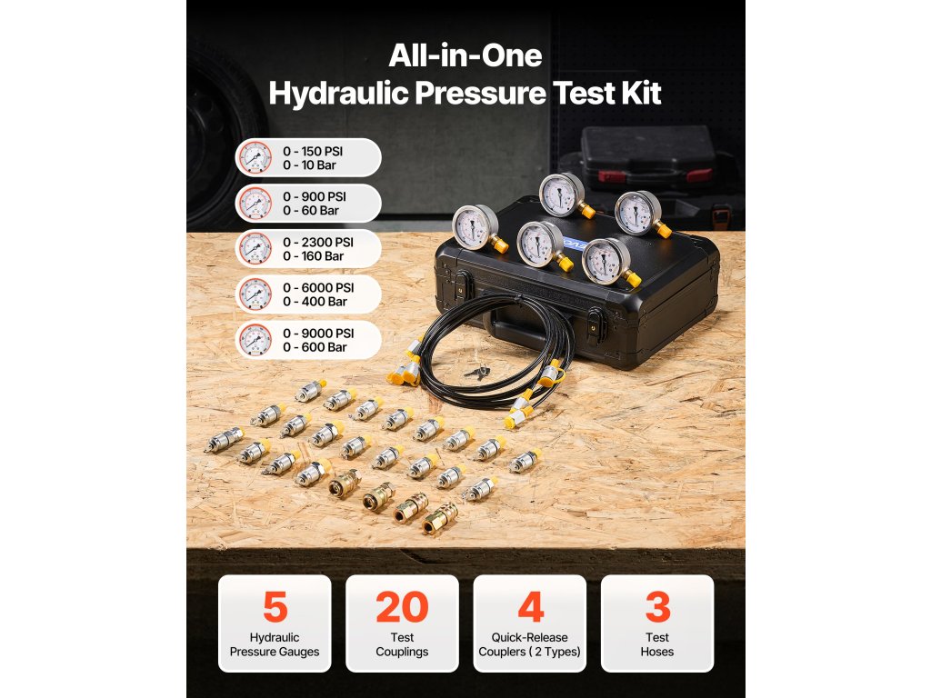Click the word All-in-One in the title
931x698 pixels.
pyautogui.click(x=465, y=55)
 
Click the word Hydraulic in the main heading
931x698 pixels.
pyautogui.click(x=338, y=94)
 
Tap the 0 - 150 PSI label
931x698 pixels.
pyautogui.click(x=313, y=152)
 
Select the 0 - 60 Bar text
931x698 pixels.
pyautogui.click(x=311, y=211)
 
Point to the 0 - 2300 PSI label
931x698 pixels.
pyautogui.click(x=317, y=242)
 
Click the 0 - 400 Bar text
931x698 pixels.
pyautogui.click(x=315, y=302)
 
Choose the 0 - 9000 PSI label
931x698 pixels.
pyautogui.click(x=318, y=333)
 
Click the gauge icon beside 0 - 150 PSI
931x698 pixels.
pyautogui.click(x=255, y=158)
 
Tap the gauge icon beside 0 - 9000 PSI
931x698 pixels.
pyautogui.click(x=255, y=340)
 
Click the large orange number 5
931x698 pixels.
pyautogui.click(x=275, y=606)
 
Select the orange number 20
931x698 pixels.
pyautogui.click(x=402, y=606)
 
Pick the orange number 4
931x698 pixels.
pyautogui.click(x=530, y=606)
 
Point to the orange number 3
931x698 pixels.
pyautogui.click(x=657, y=606)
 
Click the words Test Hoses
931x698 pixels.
pyautogui.click(x=657, y=644)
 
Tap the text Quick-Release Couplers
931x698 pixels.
pyautogui.click(x=529, y=644)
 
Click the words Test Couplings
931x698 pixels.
pyautogui.click(x=402, y=644)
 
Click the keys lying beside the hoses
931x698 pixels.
pyautogui.click(x=477, y=373)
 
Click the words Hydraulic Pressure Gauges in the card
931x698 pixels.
pyautogui.click(x=275, y=644)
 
